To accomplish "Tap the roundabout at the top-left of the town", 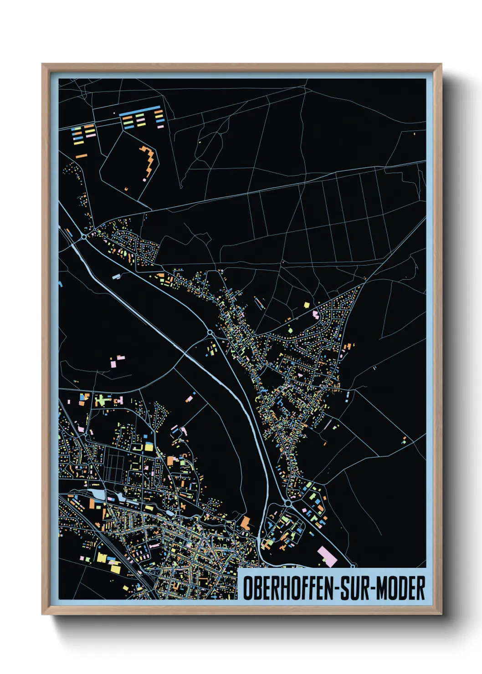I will coord(84,236).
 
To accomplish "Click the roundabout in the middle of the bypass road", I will coord(210,333).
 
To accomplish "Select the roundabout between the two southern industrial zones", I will coord(288,503).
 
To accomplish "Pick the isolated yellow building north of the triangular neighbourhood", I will coord(307,304).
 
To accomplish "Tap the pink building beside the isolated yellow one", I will coord(315,314).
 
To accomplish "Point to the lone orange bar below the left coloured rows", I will coord(81,156).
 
